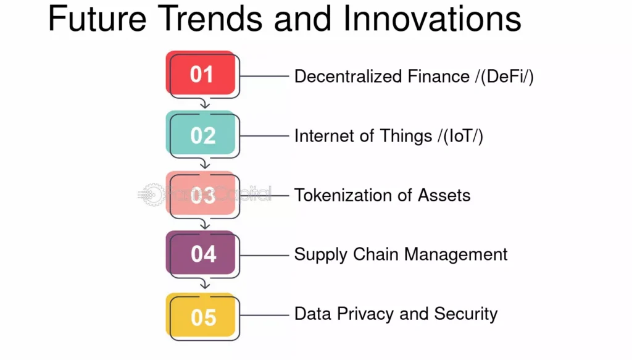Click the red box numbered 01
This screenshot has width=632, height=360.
[x=201, y=73]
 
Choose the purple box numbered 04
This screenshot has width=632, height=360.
[x=201, y=253]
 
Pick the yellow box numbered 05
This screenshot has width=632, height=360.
[x=201, y=315]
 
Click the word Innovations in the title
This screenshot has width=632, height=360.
[x=432, y=19]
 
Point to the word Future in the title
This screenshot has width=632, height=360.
[x=97, y=19]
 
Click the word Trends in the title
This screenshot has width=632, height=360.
[x=210, y=19]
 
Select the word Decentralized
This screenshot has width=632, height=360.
[x=348, y=76]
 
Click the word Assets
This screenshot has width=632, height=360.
[x=444, y=195]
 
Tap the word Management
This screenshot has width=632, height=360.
[x=456, y=255]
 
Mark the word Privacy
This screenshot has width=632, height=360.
[x=365, y=314]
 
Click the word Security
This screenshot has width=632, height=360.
[x=466, y=314]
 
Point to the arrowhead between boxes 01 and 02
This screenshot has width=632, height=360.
[x=205, y=105]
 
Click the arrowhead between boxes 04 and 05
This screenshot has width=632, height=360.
[x=205, y=285]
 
